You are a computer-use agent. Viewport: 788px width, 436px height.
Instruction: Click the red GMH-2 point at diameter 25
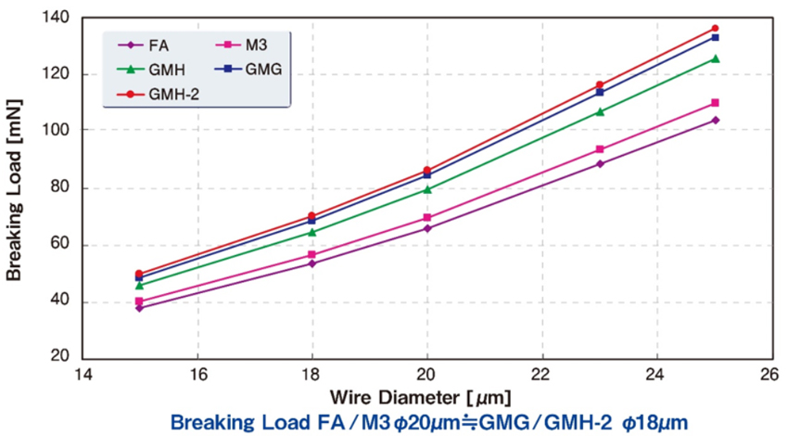pos(715,29)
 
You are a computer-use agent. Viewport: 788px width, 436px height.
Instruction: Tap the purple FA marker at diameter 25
pos(715,120)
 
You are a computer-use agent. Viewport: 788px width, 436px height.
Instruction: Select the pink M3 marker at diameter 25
pos(715,103)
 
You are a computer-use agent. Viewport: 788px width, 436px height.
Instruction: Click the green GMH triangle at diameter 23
pos(600,111)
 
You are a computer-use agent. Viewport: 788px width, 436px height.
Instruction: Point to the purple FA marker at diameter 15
pos(139,307)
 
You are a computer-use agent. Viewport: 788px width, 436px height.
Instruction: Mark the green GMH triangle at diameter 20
pos(427,189)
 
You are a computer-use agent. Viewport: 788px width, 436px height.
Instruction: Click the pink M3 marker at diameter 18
pos(311,254)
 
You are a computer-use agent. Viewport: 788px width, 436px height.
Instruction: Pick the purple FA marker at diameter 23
pos(600,163)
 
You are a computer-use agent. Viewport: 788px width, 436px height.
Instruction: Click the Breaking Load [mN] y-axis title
pos(16,190)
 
